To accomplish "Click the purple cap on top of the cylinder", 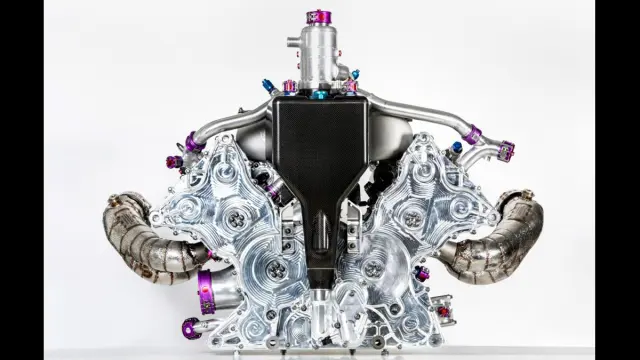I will (x=319, y=17).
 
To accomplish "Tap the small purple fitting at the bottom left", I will (x=190, y=326).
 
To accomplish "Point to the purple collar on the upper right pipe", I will (x=472, y=135).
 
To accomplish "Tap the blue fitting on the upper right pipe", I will (x=457, y=147).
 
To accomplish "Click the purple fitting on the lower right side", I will (x=422, y=272).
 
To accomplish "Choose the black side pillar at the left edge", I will (x=22, y=180).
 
